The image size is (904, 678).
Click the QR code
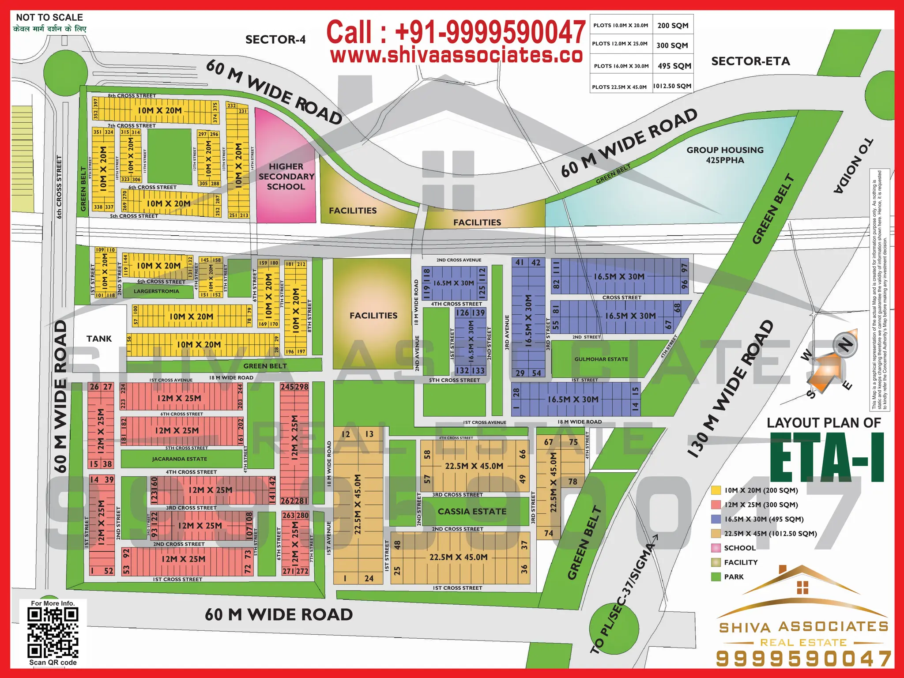pyautogui.click(x=53, y=632)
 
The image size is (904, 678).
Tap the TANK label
pyautogui.click(x=99, y=339)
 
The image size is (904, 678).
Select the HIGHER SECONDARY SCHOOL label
pyautogui.click(x=286, y=177)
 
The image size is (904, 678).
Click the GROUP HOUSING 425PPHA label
pyautogui.click(x=725, y=155)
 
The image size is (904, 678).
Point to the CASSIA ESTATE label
pyautogui.click(x=472, y=512)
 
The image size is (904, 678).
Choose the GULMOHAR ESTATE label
pyautogui.click(x=601, y=359)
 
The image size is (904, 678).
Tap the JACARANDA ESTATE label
pyautogui.click(x=179, y=459)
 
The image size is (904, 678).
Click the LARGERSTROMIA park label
pyautogui.click(x=156, y=291)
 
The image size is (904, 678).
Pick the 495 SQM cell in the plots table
pyautogui.click(x=674, y=66)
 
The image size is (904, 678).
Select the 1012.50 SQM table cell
pyautogui.click(x=672, y=86)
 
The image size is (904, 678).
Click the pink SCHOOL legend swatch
pyautogui.click(x=716, y=548)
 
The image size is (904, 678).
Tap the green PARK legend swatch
pyautogui.click(x=716, y=577)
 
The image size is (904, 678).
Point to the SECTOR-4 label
pyautogui.click(x=275, y=40)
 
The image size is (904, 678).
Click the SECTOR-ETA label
pyautogui.click(x=750, y=61)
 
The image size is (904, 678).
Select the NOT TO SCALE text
pyautogui.click(x=49, y=18)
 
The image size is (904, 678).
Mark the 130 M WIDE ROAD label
pyautogui.click(x=731, y=388)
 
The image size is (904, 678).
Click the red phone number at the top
pyautogui.click(x=456, y=32)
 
